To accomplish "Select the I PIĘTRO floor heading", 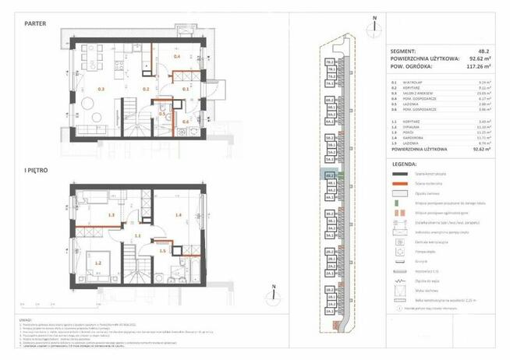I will point(36,168).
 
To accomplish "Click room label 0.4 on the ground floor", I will point(177,57).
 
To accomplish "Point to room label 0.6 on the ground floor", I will point(186,122).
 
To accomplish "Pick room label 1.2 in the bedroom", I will point(98,263).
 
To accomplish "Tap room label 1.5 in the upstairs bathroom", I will point(162,250).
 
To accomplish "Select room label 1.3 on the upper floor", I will point(112,215).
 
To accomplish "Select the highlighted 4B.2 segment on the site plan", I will point(330,176).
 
